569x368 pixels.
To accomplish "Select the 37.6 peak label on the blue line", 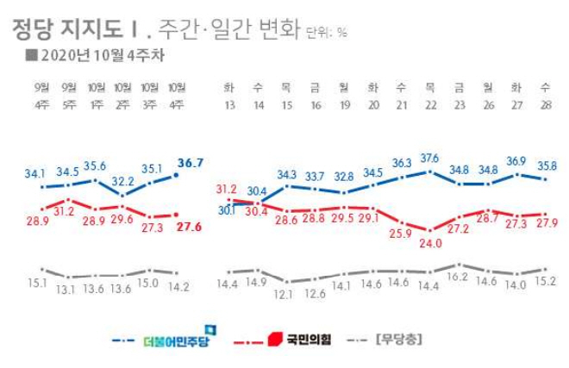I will [x=428, y=158].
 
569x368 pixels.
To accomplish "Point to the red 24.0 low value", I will [x=428, y=243].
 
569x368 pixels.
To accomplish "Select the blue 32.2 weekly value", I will [x=122, y=183].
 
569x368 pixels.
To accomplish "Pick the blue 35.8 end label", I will [x=543, y=167].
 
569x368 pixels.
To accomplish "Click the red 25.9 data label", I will [x=399, y=233].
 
